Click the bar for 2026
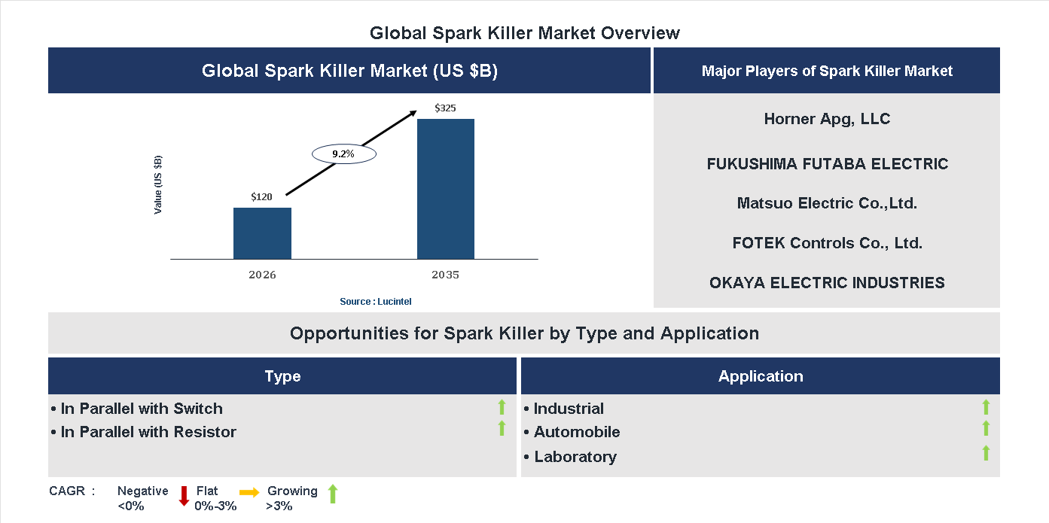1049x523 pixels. (x=262, y=233)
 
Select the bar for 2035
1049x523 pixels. (x=446, y=189)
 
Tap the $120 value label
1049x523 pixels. (x=262, y=197)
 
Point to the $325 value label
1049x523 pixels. (x=445, y=108)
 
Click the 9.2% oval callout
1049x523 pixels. (x=343, y=154)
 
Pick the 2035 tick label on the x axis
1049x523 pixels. (x=445, y=275)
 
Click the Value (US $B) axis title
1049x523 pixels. (x=158, y=185)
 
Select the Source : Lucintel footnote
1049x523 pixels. (x=376, y=302)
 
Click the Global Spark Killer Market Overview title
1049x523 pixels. (x=525, y=33)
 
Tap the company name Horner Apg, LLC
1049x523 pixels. (x=827, y=119)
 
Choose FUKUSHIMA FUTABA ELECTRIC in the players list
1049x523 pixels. (x=827, y=164)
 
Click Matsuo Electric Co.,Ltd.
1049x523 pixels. (x=827, y=203)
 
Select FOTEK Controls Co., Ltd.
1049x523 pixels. (x=827, y=243)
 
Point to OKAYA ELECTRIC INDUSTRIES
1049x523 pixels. (x=827, y=283)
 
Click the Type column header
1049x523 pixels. (x=282, y=376)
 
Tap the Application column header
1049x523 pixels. (x=761, y=376)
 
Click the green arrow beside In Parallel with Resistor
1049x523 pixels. (x=502, y=429)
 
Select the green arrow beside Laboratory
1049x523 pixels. (x=986, y=453)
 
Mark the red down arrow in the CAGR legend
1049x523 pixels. (x=183, y=495)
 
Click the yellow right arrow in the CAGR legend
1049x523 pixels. (x=249, y=491)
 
